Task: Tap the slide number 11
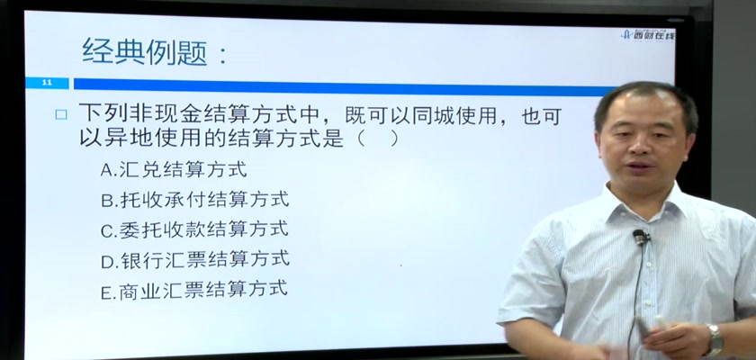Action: [x=47, y=83]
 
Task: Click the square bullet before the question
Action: [x=61, y=114]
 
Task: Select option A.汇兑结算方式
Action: [x=174, y=169]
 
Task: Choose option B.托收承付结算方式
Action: [x=194, y=199]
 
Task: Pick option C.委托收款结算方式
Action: [x=194, y=229]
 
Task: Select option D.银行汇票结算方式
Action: [x=194, y=259]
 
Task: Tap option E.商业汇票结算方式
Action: [x=194, y=290]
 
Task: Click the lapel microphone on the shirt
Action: [x=641, y=237]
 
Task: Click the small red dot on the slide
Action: [x=400, y=265]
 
